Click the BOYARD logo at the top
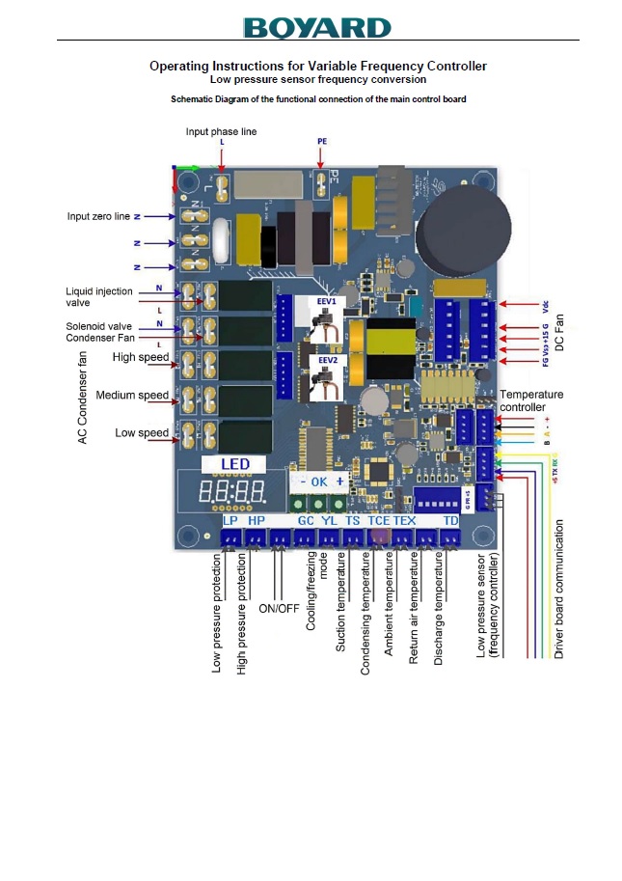pos(317,27)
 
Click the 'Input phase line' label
pos(221,131)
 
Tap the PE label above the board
pos(322,141)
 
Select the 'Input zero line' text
pos(97,217)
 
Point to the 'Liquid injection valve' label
pos(97,297)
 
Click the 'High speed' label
pos(141,357)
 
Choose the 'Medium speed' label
pos(132,396)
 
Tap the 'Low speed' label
pos(142,433)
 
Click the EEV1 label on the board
pos(327,301)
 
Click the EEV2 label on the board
pos(327,359)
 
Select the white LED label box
pos(234,464)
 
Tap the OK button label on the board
pos(320,481)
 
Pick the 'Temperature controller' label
pos(531,400)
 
